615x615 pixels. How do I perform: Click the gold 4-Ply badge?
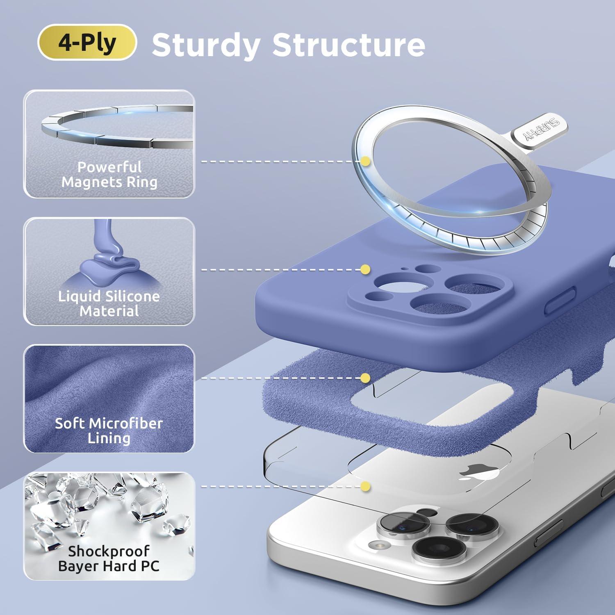pos(87,42)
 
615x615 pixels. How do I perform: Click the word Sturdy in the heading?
pos(206,45)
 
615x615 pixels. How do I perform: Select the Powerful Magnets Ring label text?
pos(109,174)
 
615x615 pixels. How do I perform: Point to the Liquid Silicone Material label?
pos(109,303)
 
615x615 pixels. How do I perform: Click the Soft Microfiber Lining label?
pos(109,430)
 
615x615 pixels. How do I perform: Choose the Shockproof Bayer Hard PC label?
pos(109,558)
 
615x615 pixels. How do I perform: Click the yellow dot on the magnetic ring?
pos(365,162)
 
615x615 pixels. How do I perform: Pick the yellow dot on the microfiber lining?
pos(365,378)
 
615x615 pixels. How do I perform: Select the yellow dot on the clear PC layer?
pos(365,486)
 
